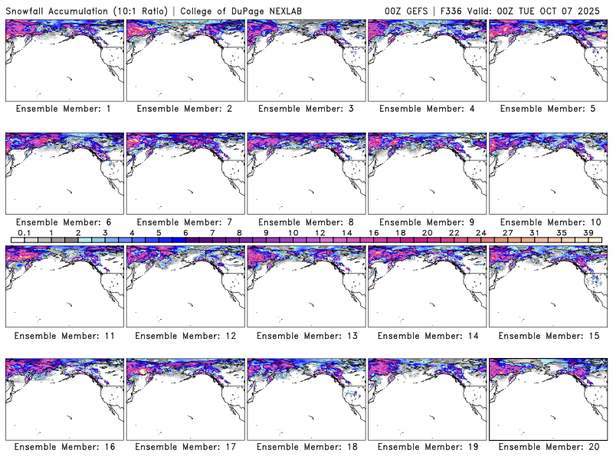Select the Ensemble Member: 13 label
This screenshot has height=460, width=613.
(305, 335)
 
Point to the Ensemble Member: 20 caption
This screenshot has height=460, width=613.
(547, 447)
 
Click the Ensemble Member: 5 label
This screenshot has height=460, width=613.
(547, 109)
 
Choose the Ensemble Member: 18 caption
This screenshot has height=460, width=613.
(305, 447)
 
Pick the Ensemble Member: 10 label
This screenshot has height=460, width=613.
(547, 222)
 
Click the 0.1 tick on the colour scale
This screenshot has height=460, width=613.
(24, 232)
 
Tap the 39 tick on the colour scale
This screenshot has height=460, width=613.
(588, 232)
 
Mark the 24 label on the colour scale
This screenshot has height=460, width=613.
(480, 232)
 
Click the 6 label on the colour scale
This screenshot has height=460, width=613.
(185, 232)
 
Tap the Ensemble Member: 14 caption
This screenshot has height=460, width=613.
(426, 335)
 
